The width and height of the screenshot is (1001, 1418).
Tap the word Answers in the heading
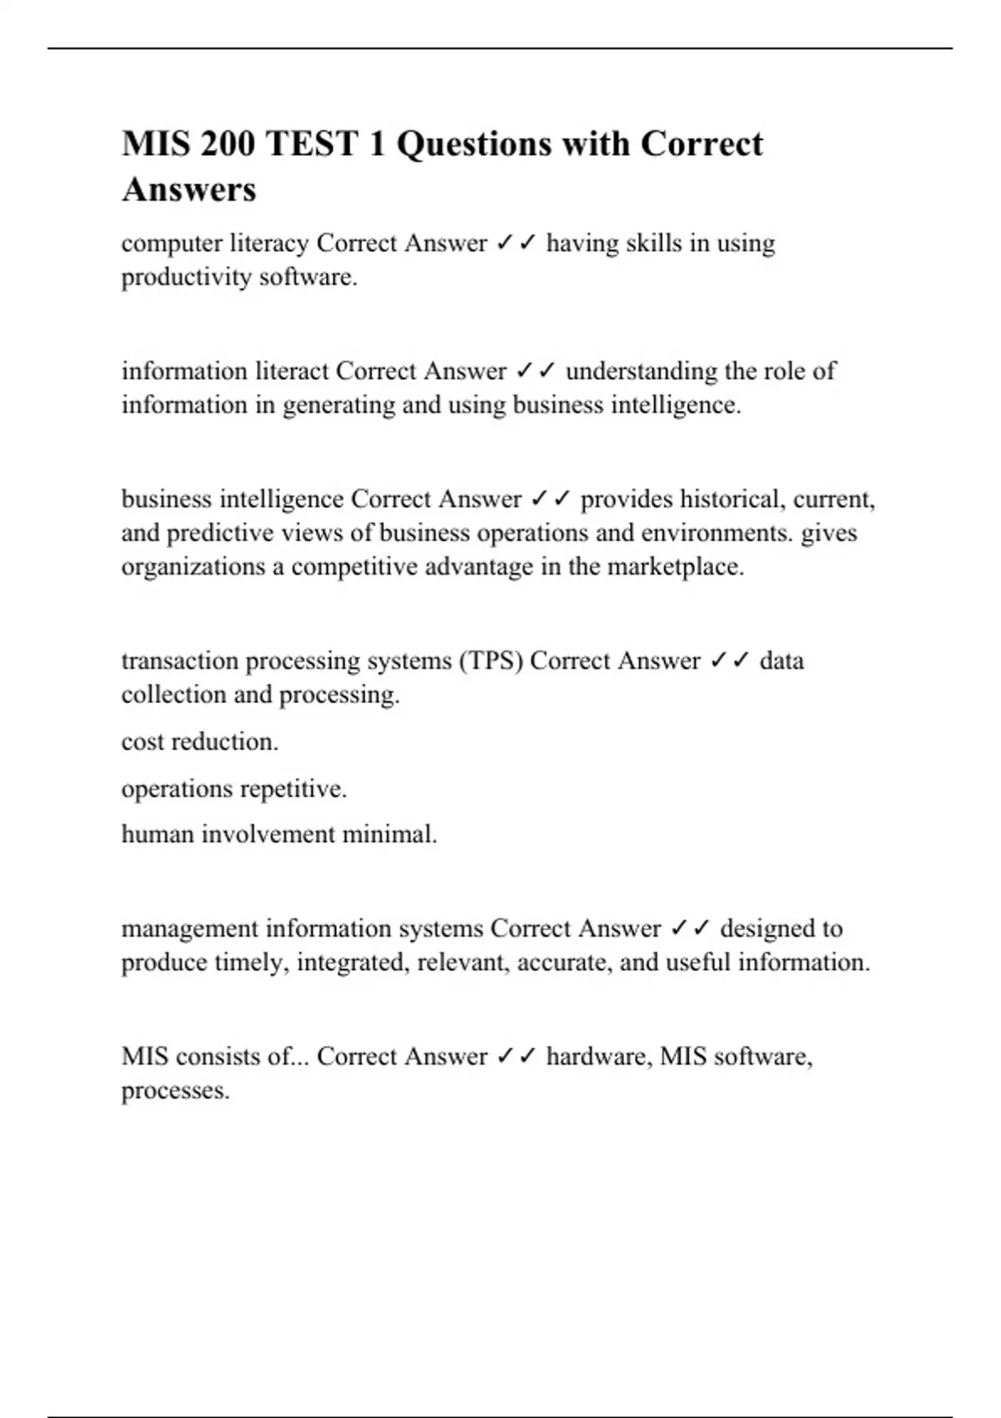[x=189, y=189]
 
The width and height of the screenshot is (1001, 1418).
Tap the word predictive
[x=220, y=533]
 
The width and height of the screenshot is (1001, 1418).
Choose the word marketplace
[x=675, y=567]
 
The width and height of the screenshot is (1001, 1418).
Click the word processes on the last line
[x=175, y=1091]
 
